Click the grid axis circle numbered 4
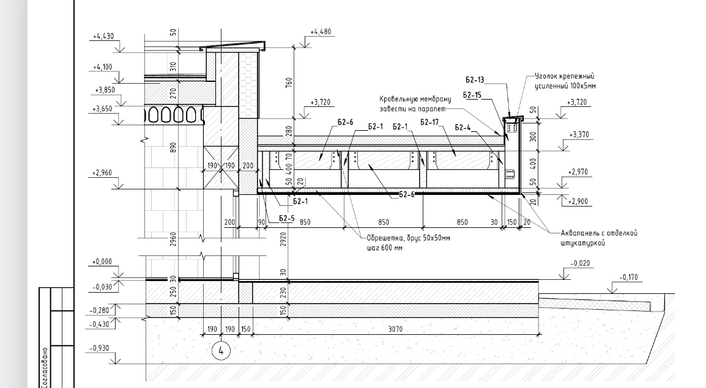[221, 351]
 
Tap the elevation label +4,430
[103, 37]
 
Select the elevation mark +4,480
[321, 32]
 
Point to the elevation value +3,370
[579, 134]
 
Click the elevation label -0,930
[99, 348]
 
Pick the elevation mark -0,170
[628, 277]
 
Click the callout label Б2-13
[475, 80]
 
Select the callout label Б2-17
[429, 122]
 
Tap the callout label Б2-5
[287, 219]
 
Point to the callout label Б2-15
[472, 95]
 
